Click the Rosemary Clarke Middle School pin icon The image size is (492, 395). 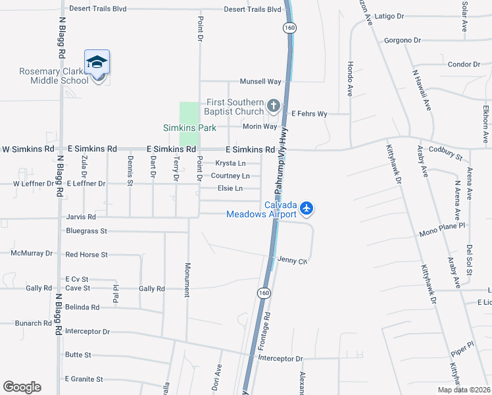coord(97,64)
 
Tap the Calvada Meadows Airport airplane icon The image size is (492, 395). coord(307,209)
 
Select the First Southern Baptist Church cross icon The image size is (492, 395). coord(273,105)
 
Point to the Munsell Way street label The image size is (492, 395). coord(260,82)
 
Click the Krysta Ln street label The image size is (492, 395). coord(231,163)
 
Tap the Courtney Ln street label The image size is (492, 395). coord(230,176)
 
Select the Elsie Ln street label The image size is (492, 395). coord(230,188)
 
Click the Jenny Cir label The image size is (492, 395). coord(293,261)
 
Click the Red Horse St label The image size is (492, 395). coord(86,254)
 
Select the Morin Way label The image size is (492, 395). coord(260,126)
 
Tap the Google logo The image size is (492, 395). coord(22,387)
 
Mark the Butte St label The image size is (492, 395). coord(78,355)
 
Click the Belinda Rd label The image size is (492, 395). coord(82,307)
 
